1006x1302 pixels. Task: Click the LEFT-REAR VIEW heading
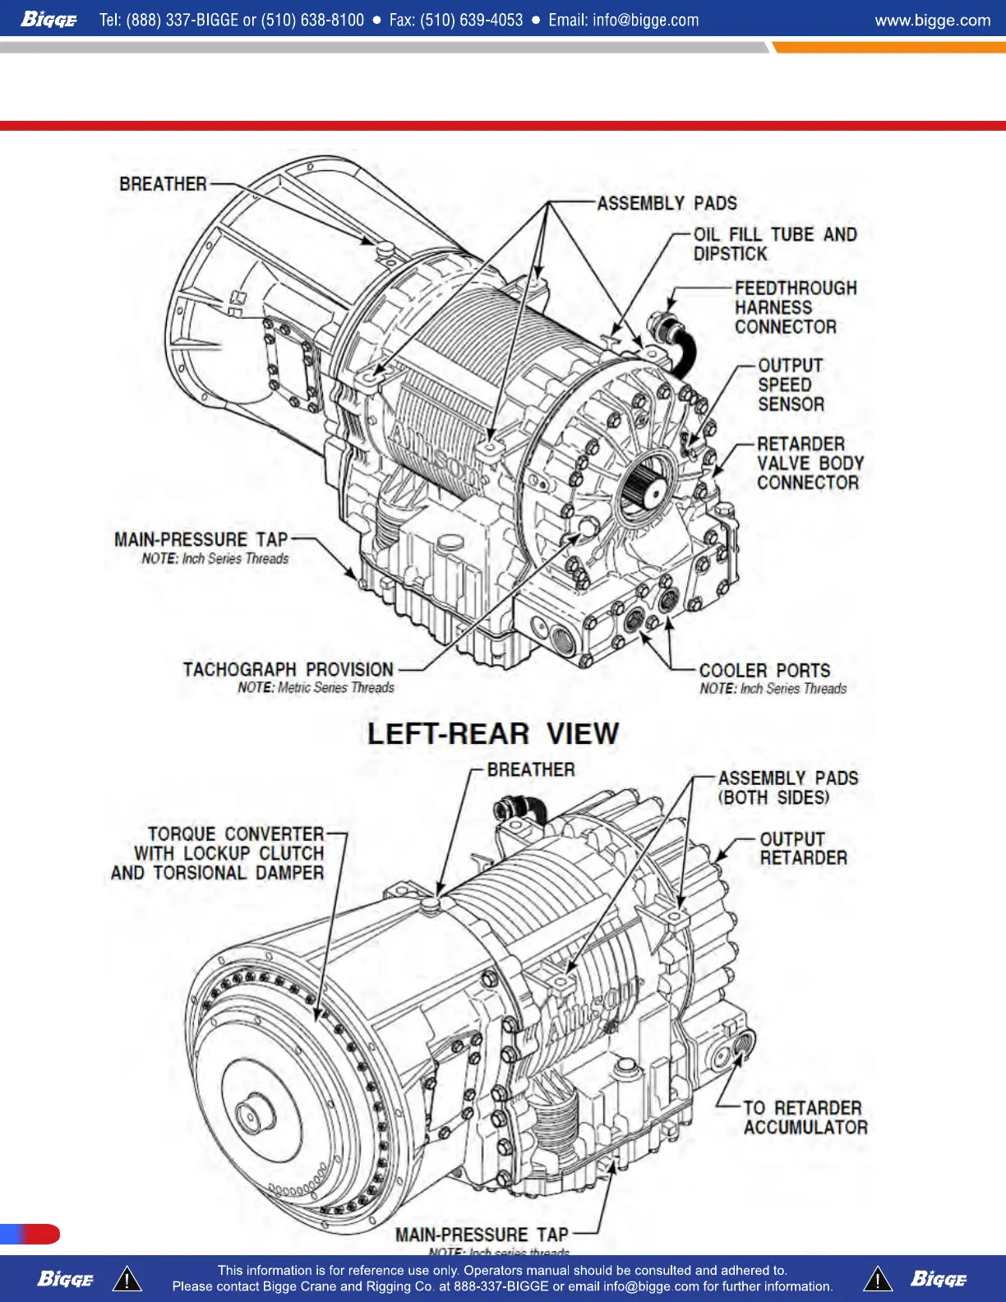(492, 733)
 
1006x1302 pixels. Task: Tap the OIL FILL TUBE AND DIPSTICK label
(774, 244)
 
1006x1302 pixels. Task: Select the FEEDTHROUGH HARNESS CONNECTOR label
(795, 307)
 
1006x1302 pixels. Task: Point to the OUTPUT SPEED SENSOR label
(790, 385)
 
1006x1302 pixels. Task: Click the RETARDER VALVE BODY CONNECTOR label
(809, 464)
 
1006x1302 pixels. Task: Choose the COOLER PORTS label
(764, 671)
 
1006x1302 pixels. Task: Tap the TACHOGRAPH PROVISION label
(288, 670)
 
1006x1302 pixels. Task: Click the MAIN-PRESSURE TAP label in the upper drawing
(201, 540)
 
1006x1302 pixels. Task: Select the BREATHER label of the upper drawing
(163, 184)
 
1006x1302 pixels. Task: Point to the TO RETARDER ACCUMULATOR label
(805, 1118)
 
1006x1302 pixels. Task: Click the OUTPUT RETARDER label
(802, 848)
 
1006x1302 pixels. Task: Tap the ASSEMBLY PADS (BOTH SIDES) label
(787, 787)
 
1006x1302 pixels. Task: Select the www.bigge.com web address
(932, 21)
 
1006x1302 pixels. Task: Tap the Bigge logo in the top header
(48, 20)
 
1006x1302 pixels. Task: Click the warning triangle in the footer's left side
(127, 1280)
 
